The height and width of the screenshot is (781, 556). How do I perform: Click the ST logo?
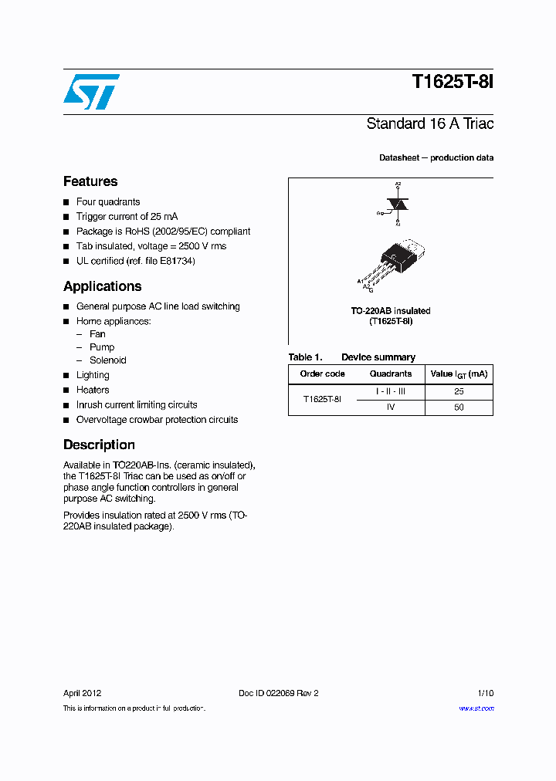91,92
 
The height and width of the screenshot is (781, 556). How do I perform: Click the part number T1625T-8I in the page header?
452,83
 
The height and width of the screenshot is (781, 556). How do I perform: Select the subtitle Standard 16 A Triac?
429,123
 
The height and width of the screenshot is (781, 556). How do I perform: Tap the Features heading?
90,181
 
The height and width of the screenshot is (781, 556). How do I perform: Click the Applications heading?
102,286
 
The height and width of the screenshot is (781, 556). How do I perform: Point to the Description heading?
99,445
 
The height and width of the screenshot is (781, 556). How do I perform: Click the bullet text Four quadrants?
107,201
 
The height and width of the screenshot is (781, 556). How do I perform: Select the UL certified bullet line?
135,261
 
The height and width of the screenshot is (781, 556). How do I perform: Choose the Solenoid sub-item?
107,360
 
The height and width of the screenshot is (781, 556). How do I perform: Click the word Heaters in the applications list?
93,390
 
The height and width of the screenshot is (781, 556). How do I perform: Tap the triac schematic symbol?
398,205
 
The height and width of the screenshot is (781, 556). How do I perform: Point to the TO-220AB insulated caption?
391,311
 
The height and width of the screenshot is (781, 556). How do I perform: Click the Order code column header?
322,374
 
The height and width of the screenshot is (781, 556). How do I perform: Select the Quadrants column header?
390,374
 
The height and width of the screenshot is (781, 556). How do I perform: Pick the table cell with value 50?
459,407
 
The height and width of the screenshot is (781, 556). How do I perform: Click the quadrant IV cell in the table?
390,407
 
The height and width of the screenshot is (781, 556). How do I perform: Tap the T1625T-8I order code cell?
322,399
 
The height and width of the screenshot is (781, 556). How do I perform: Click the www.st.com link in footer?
476,708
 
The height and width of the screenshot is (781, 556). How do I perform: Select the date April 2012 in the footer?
82,693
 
